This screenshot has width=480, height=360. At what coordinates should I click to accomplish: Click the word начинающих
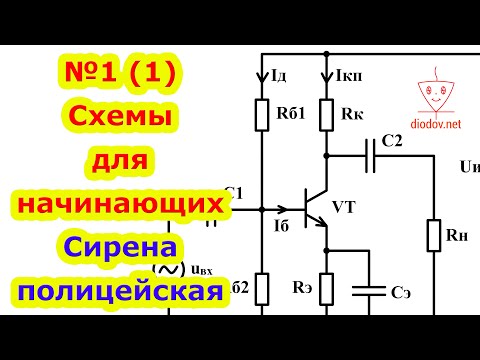tap(118, 204)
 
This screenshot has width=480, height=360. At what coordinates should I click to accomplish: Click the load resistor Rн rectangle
tap(434, 235)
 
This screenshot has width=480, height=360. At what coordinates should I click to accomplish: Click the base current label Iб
tap(280, 227)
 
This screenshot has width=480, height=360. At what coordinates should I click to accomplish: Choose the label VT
tap(344, 207)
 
